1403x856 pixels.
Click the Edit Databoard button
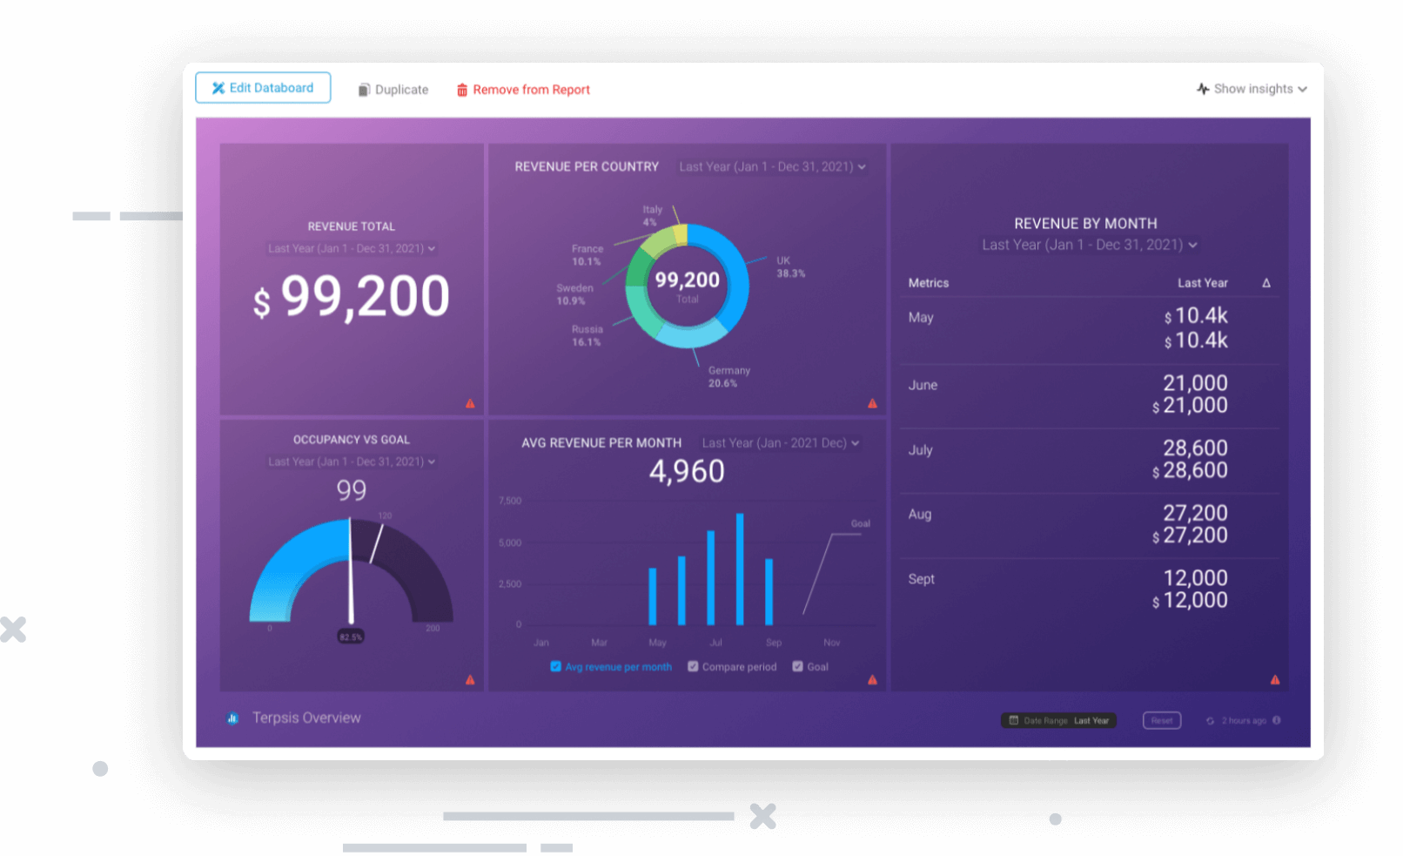pyautogui.click(x=263, y=88)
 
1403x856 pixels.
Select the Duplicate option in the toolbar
pyautogui.click(x=393, y=90)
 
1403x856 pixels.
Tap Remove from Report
pyautogui.click(x=523, y=90)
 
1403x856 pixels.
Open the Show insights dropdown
pyautogui.click(x=1252, y=89)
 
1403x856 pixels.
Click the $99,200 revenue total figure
pyautogui.click(x=352, y=297)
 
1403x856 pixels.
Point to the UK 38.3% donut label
pyautogui.click(x=789, y=267)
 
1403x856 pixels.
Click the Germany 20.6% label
pyautogui.click(x=728, y=377)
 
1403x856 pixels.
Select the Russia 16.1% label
pyautogui.click(x=587, y=336)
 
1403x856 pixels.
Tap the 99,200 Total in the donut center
pyautogui.click(x=687, y=285)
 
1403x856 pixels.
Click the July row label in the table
pyautogui.click(x=920, y=450)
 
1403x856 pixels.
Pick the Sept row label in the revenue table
pyautogui.click(x=921, y=579)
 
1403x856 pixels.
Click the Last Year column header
pyautogui.click(x=1202, y=283)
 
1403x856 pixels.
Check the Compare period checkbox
pyautogui.click(x=693, y=666)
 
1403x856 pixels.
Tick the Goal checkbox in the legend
pyautogui.click(x=797, y=666)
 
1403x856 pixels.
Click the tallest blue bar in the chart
pyautogui.click(x=740, y=570)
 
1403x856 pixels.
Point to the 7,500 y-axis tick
pyautogui.click(x=510, y=501)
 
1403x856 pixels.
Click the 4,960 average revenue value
pyautogui.click(x=687, y=471)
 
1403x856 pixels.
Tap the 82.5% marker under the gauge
pyautogui.click(x=351, y=637)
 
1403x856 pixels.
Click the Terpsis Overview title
pyautogui.click(x=306, y=718)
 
